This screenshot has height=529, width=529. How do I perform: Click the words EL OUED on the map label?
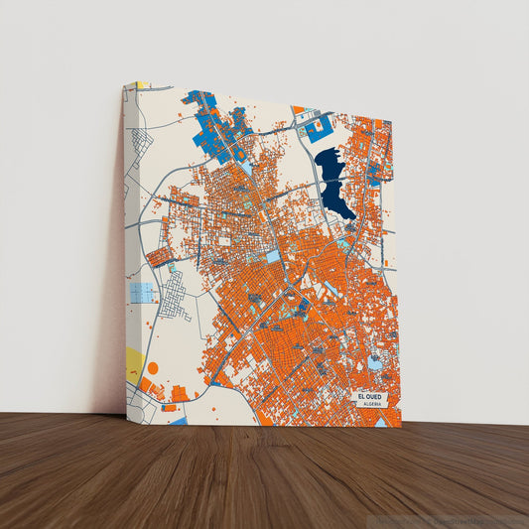[372, 397]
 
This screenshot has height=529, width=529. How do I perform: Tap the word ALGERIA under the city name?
[372, 405]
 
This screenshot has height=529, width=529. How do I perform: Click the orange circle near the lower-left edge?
[153, 368]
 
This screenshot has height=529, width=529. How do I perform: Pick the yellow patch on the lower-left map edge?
[134, 363]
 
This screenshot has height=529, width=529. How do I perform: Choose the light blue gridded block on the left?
[143, 293]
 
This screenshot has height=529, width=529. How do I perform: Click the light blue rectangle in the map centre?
[272, 257]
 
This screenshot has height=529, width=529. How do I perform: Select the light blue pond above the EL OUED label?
[375, 363]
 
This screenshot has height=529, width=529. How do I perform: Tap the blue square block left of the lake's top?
[320, 130]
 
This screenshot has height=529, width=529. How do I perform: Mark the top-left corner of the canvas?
[124, 83]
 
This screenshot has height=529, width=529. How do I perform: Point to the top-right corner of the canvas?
[392, 117]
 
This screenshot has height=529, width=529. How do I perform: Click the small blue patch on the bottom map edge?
[178, 421]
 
